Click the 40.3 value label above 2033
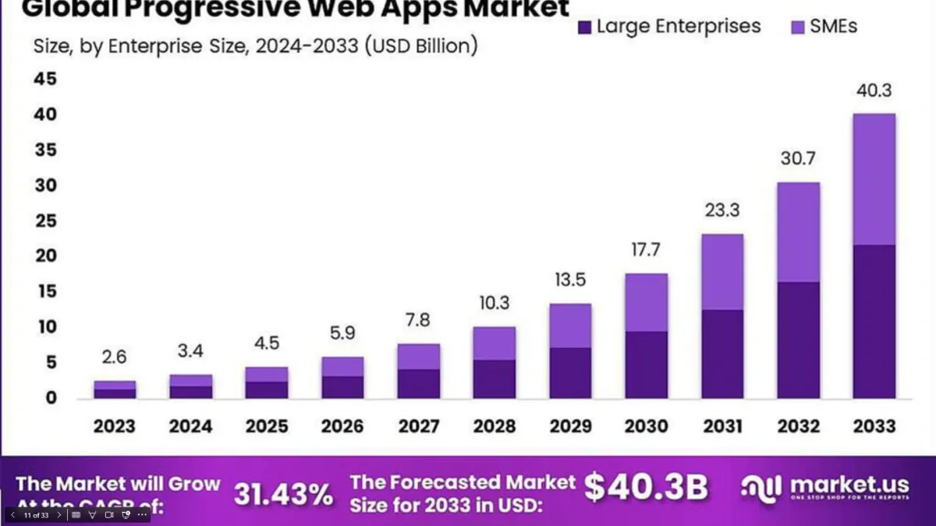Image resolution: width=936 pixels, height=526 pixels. point(874,91)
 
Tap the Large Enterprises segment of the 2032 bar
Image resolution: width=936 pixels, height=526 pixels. point(798,339)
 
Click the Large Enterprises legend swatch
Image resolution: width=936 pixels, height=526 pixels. point(584,27)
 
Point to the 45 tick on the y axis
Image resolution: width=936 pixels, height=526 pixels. point(44,80)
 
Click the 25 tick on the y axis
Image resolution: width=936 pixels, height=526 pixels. point(44,221)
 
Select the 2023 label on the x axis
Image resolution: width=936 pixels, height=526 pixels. point(115,426)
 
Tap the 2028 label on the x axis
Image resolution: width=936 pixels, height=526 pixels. point(494,426)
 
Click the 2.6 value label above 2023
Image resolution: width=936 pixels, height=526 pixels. point(115,357)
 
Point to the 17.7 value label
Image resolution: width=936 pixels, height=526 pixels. point(646,251)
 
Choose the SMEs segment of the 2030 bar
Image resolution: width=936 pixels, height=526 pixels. point(646,303)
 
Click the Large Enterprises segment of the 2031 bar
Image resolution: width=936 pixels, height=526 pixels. point(721,354)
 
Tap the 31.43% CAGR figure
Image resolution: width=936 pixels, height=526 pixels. point(283,494)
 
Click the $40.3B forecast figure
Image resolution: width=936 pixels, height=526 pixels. point(646,487)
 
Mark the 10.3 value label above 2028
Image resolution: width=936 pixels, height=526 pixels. point(494,304)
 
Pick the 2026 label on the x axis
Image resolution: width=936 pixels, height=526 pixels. point(342,426)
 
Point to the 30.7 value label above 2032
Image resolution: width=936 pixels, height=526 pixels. point(798,158)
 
